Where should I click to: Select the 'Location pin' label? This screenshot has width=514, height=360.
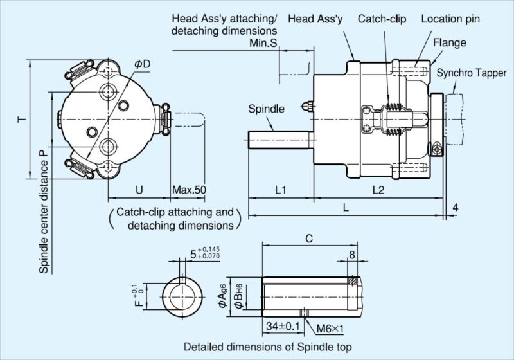[450, 19]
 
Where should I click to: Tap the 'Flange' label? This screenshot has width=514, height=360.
[449, 43]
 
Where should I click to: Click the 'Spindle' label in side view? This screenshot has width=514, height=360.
[266, 109]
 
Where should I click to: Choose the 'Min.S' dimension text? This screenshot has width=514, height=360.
[264, 43]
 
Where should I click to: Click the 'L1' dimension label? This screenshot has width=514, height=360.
[279, 190]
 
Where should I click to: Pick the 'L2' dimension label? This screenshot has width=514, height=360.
[378, 190]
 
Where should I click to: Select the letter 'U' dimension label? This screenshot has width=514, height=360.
[138, 190]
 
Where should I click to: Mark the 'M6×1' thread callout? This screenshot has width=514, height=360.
[331, 328]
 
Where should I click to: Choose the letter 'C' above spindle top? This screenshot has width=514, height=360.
[308, 239]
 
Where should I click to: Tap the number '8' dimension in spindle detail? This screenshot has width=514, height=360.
[351, 255]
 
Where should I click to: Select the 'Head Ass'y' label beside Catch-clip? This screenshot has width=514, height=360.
[314, 19]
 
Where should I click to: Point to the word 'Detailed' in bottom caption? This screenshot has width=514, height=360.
[204, 347]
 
